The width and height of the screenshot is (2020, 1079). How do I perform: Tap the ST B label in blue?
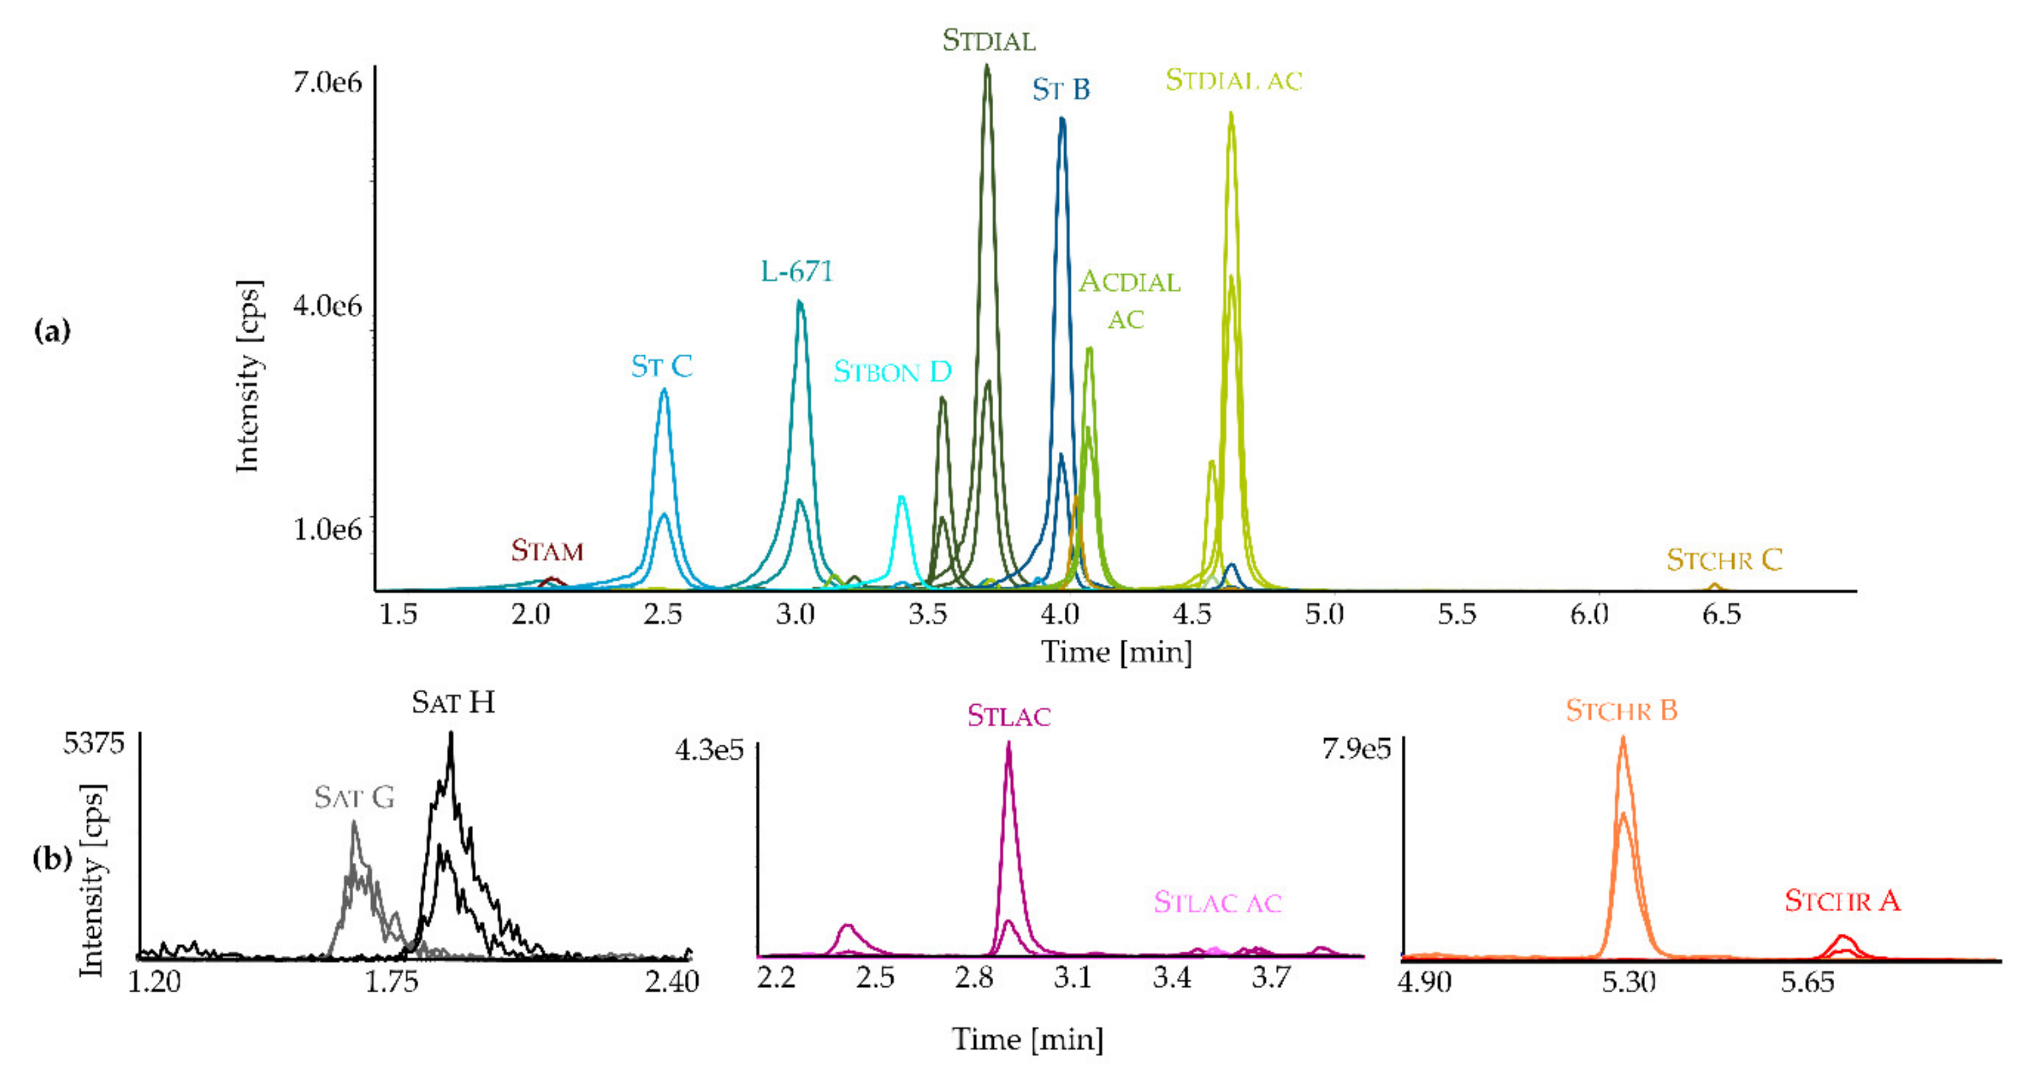coord(1060,89)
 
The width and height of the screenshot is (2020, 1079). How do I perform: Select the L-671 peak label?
coord(796,271)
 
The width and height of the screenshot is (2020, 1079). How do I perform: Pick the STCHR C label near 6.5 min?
coord(1724,560)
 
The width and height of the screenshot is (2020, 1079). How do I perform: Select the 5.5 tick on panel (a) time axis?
coord(1456,614)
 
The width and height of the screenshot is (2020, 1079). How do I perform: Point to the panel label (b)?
coord(52,859)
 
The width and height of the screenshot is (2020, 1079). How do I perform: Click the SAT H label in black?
coord(453,702)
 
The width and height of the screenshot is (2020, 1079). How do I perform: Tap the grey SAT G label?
coord(354,797)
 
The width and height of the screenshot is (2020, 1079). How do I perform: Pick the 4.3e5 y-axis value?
coord(709,750)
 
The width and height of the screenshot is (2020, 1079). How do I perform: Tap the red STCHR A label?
coord(1842,901)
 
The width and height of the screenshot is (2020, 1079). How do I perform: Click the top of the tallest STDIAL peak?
coord(987,67)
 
